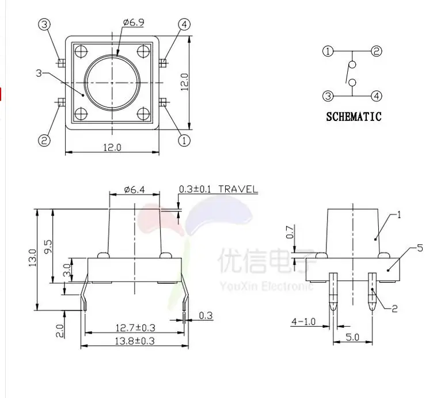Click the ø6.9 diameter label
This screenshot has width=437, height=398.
click(134, 22)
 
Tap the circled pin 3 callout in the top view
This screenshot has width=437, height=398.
click(44, 25)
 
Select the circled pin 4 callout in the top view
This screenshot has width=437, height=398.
click(184, 25)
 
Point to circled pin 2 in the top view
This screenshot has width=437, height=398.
click(44, 140)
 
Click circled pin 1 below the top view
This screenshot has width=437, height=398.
click(184, 140)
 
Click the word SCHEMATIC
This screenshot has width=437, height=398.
click(354, 116)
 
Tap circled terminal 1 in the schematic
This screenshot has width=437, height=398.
click(328, 51)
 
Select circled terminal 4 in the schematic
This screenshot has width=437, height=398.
click(377, 96)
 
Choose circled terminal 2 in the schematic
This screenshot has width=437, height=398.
click(377, 51)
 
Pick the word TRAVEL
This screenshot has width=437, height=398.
click(238, 189)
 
